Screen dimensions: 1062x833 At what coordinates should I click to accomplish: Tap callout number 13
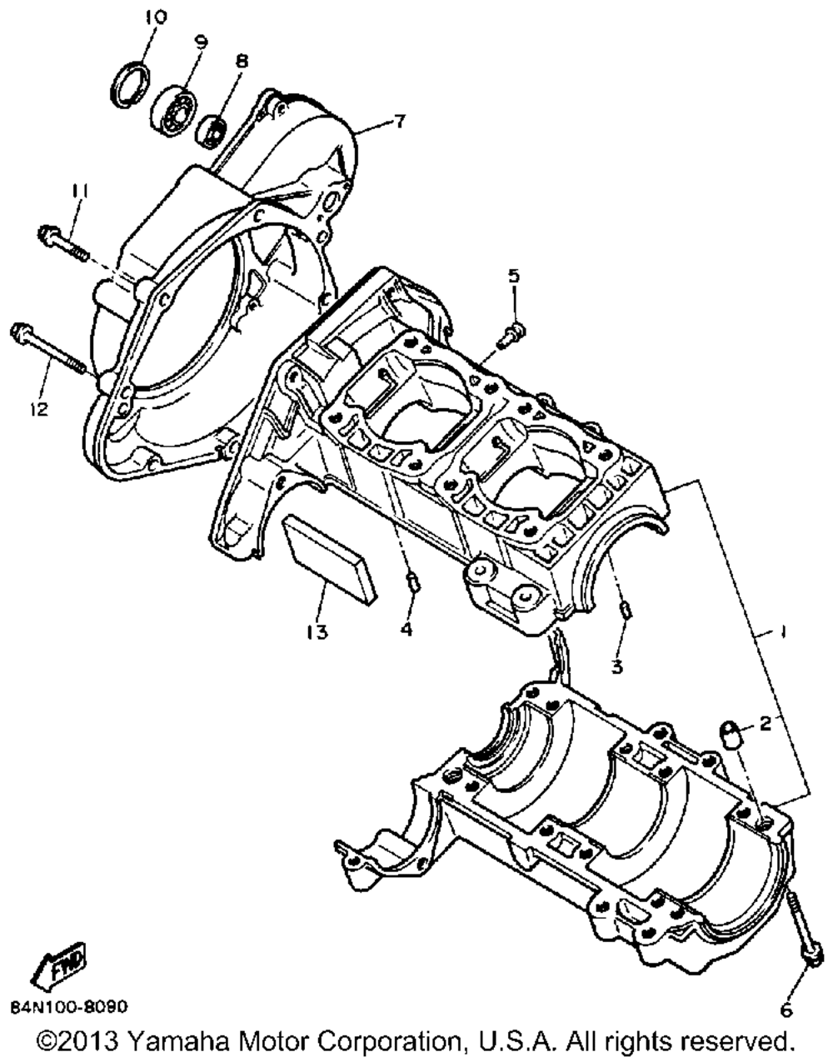click(x=317, y=632)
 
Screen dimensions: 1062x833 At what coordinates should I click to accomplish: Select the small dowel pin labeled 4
click(x=412, y=581)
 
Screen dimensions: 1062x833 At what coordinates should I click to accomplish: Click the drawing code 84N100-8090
click(x=70, y=1008)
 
